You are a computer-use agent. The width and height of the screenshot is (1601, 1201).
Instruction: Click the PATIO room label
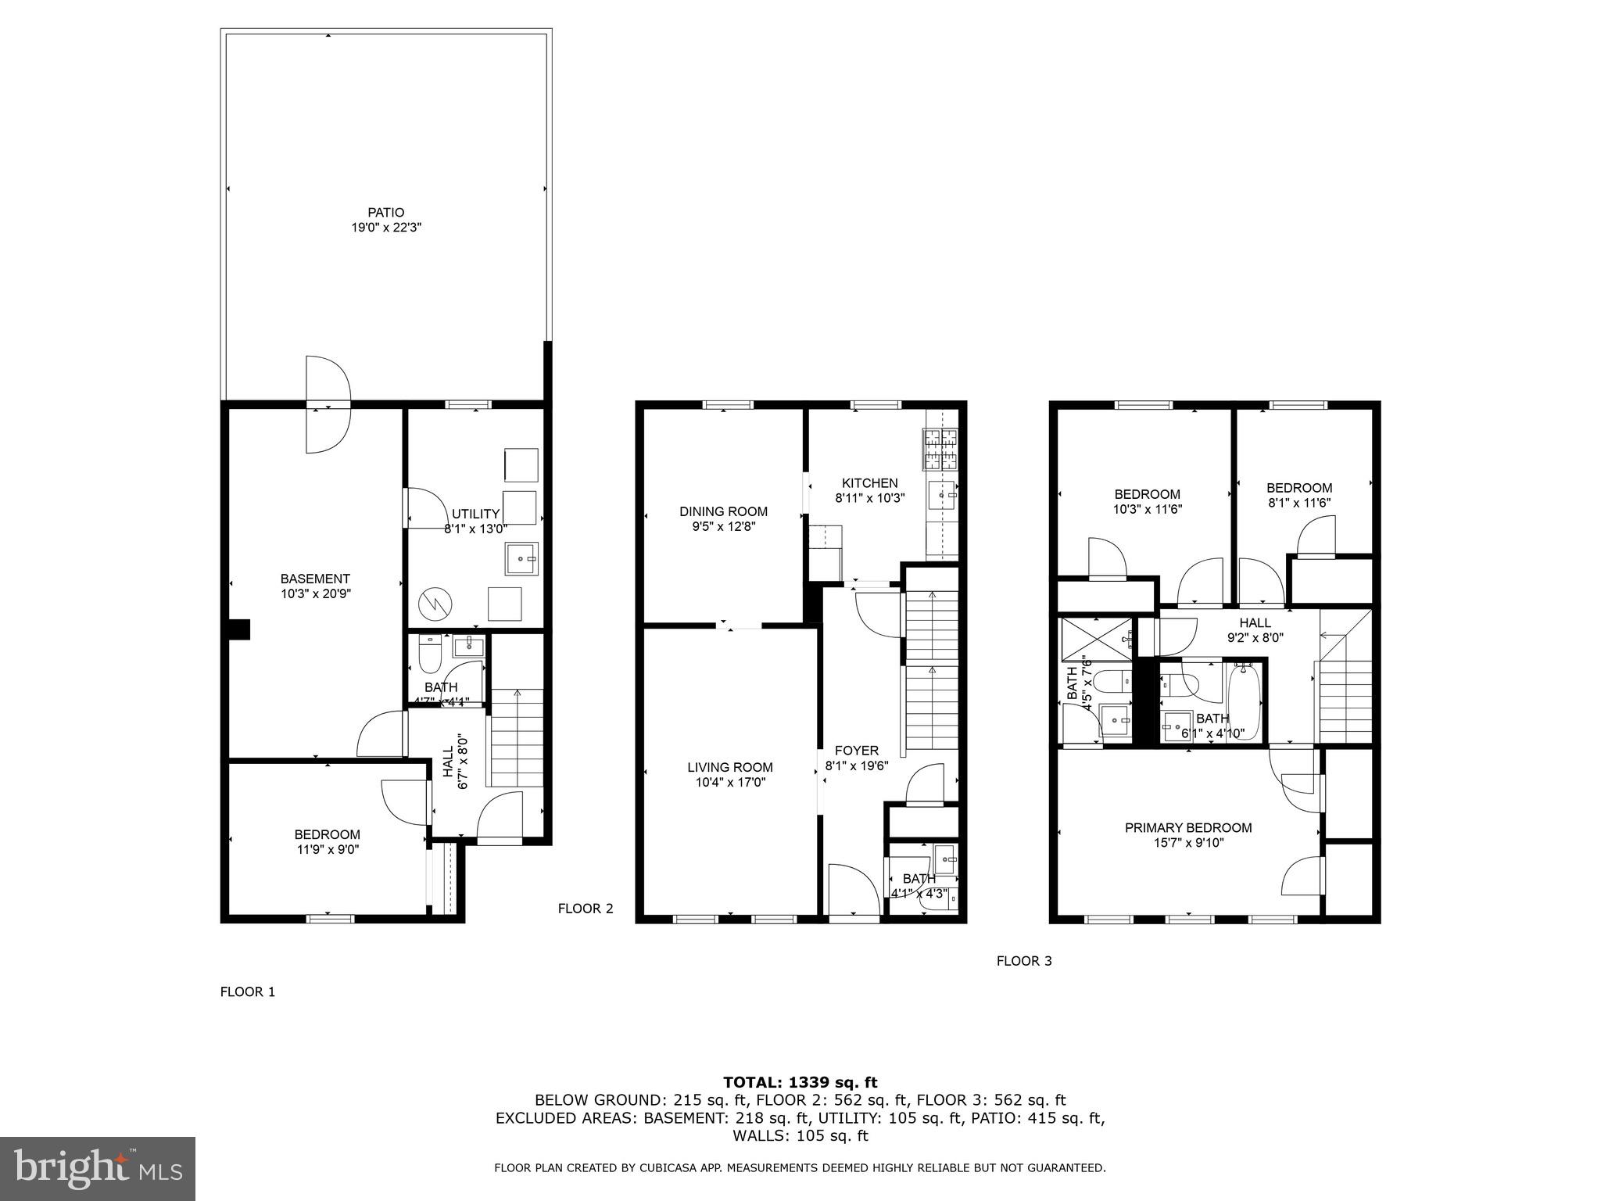[386, 213]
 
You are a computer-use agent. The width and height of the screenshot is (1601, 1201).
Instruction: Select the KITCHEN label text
[869, 483]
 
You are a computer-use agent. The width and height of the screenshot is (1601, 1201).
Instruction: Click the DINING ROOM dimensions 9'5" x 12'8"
[723, 526]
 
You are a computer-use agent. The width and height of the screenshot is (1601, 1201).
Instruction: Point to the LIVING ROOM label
[730, 767]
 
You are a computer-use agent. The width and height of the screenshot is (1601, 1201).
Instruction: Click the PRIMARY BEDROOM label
[1187, 827]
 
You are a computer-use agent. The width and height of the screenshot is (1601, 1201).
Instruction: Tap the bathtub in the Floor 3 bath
[1244, 701]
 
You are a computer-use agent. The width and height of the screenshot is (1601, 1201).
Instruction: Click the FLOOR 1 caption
[248, 991]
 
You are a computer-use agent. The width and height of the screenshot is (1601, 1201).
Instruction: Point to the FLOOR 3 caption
[1023, 961]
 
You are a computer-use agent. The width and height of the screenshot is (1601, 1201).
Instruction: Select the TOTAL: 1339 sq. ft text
[800, 1082]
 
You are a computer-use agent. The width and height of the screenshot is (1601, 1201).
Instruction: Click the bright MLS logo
[98, 1169]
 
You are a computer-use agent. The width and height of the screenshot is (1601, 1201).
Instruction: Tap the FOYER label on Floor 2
[856, 751]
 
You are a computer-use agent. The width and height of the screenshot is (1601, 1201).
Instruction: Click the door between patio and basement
[328, 404]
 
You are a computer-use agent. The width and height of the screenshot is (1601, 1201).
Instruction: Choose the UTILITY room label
[475, 514]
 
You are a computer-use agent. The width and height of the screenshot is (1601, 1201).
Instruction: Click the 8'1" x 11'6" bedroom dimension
[1298, 503]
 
